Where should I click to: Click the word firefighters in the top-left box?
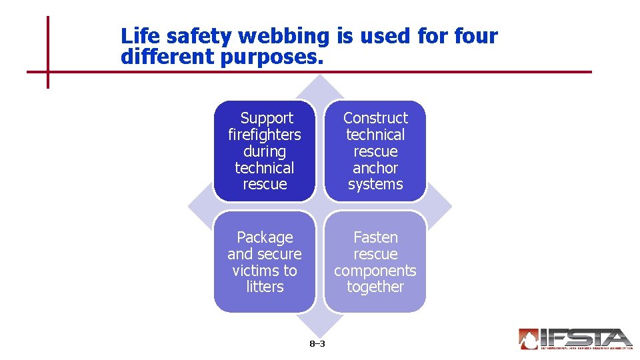point(265,135)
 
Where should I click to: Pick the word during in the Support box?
point(265,151)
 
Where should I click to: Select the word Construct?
point(375,118)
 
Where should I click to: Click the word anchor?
point(375,168)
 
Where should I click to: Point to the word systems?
point(375,185)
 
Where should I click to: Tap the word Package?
point(265,237)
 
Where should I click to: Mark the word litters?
point(265,287)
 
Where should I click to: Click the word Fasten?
point(375,237)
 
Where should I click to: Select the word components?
point(375,271)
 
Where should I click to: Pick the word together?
point(375,287)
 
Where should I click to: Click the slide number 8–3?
point(317,344)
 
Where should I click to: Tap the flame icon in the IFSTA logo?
point(529,339)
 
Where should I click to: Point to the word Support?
point(267,118)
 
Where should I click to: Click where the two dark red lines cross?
point(48,71)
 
